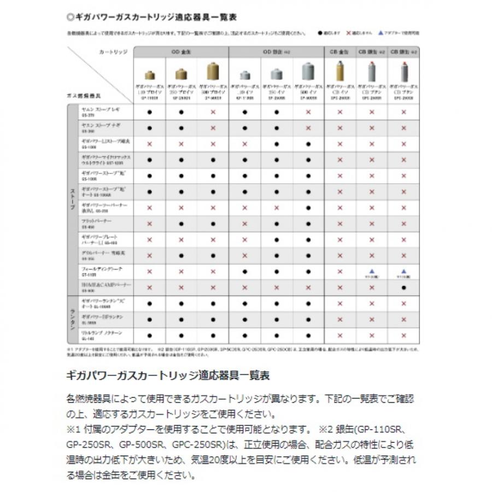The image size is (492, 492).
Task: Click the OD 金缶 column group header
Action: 181,51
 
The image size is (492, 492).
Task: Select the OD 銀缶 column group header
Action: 276,51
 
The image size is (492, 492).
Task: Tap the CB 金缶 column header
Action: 339,51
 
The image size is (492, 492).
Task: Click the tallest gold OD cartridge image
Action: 213,72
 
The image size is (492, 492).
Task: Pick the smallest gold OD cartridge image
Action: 149,75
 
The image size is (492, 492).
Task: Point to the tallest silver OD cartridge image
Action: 308,72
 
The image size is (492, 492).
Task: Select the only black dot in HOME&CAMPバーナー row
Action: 403,287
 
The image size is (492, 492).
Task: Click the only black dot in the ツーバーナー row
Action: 308,208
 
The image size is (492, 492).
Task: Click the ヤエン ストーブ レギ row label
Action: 99,112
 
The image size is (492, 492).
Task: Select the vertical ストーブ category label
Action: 72,200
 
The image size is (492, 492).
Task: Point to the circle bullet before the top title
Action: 69,17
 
